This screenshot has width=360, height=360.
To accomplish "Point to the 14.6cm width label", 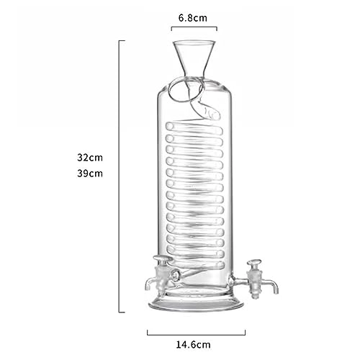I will [197, 346].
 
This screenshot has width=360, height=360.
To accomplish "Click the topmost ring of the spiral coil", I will [194, 126].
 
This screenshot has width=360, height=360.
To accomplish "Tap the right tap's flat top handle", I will [253, 263].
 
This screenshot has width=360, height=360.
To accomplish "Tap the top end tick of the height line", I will [122, 40].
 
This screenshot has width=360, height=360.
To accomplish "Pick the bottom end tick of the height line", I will [122, 312].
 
